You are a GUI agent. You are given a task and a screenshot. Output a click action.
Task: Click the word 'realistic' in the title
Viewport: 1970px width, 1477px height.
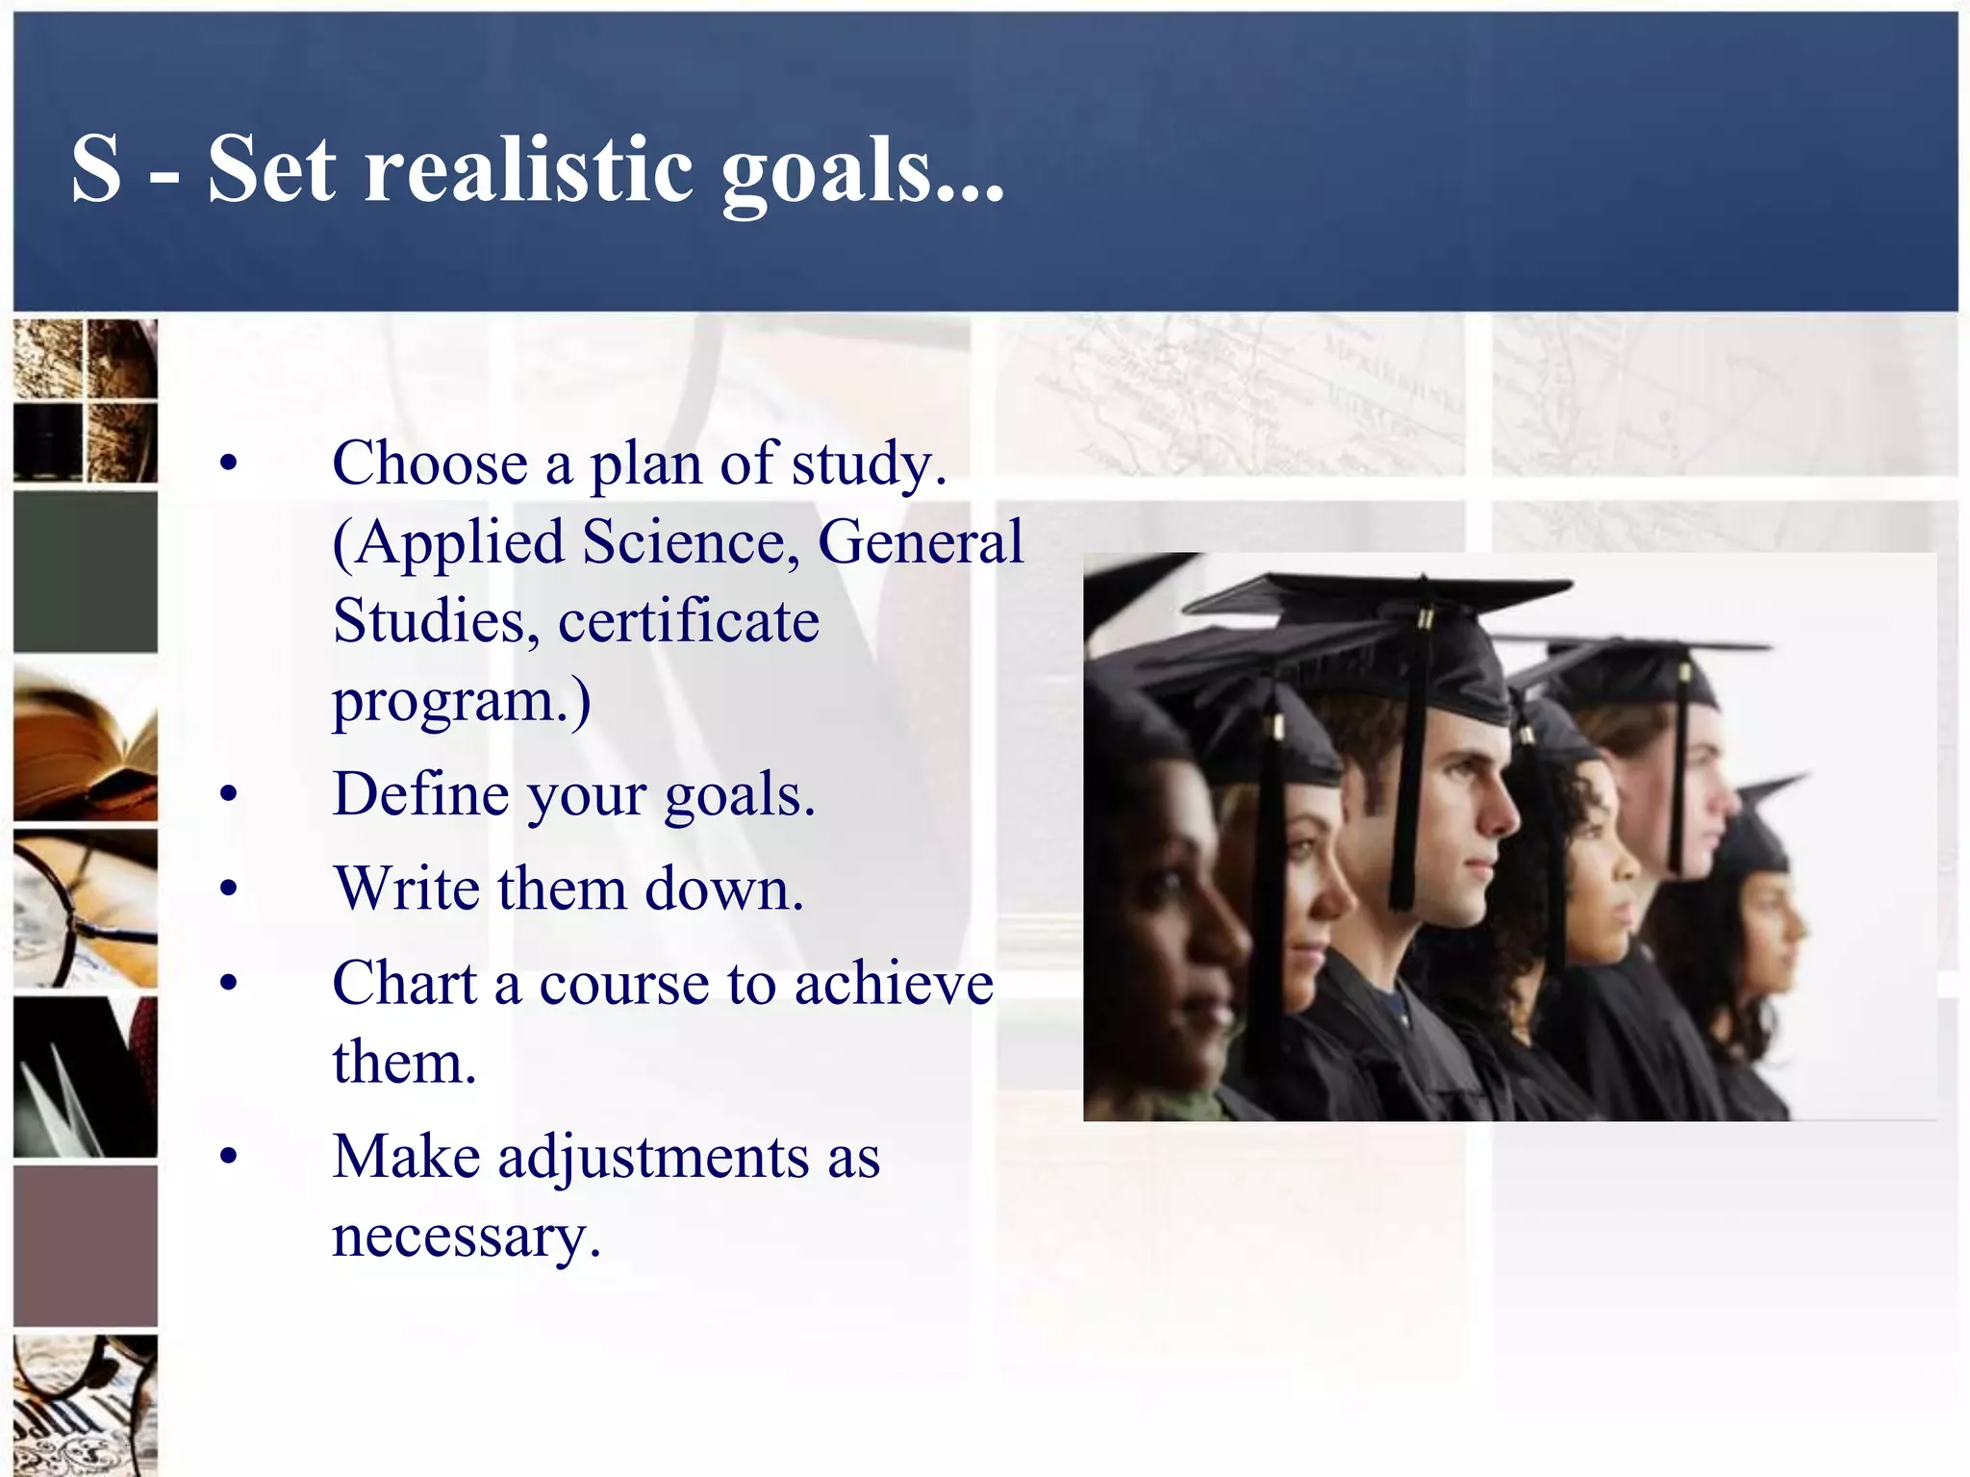coord(527,169)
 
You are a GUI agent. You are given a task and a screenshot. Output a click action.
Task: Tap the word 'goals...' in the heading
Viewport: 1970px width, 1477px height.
coord(862,173)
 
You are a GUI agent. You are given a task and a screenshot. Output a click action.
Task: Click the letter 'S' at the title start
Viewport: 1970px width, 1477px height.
coord(96,169)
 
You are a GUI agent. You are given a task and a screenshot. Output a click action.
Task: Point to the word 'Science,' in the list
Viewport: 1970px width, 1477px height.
coord(691,542)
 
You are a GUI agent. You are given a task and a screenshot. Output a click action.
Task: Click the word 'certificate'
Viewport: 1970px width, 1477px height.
coord(689,621)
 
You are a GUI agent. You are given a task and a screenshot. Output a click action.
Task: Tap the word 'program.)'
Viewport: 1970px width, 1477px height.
coord(462,702)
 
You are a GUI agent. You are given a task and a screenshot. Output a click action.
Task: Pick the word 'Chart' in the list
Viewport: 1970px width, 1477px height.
coord(405,984)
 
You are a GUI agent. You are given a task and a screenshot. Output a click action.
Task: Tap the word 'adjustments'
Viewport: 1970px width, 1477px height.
coord(653,1157)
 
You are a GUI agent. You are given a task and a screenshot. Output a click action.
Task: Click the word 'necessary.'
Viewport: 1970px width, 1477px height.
coord(467,1237)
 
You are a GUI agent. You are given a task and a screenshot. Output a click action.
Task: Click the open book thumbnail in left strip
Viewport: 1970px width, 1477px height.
coord(86,742)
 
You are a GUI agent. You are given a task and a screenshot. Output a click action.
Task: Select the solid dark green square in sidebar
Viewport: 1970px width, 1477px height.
coord(86,572)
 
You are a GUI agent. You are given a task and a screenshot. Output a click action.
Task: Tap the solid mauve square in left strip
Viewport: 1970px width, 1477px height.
coord(86,1246)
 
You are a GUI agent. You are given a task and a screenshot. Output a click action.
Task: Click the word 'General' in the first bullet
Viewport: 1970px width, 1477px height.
coord(921,542)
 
